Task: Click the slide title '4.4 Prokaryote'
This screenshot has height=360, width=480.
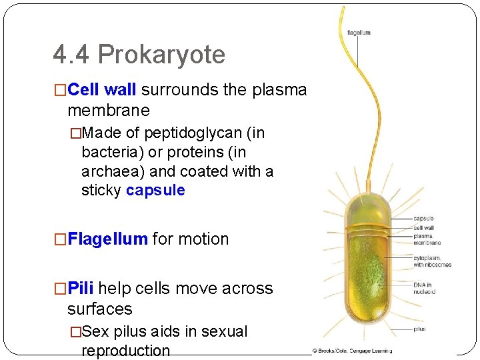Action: click(139, 55)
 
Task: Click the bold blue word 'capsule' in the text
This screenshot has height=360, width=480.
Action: click(155, 190)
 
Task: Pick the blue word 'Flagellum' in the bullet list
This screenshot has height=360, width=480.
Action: click(108, 239)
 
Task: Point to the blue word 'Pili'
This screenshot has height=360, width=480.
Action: click(81, 288)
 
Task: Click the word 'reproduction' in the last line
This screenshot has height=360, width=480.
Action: click(125, 351)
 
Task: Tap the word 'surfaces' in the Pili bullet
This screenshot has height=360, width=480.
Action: click(100, 309)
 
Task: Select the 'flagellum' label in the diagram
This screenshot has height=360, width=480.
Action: click(359, 33)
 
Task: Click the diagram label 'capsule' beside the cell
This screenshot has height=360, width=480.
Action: click(423, 219)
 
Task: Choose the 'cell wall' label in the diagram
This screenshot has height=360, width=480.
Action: click(424, 227)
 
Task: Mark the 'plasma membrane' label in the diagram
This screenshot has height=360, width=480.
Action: click(427, 239)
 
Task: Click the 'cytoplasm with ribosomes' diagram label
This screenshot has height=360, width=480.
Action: click(432, 261)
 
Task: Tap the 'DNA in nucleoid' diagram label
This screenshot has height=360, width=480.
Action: click(424, 288)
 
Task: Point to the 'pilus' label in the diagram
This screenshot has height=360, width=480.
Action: click(419, 329)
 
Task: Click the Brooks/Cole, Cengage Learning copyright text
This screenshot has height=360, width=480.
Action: click(351, 350)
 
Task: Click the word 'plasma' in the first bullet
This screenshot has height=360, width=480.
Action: click(279, 89)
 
